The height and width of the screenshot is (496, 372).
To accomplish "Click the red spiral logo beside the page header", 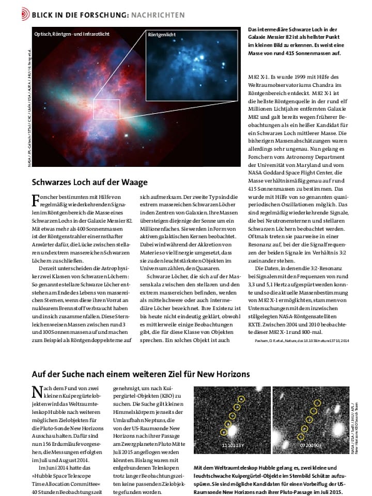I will coord(25,14).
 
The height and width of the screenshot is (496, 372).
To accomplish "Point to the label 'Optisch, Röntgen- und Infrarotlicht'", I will coord(72,34).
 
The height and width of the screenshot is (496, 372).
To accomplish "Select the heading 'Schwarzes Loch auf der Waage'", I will coord(90,182).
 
